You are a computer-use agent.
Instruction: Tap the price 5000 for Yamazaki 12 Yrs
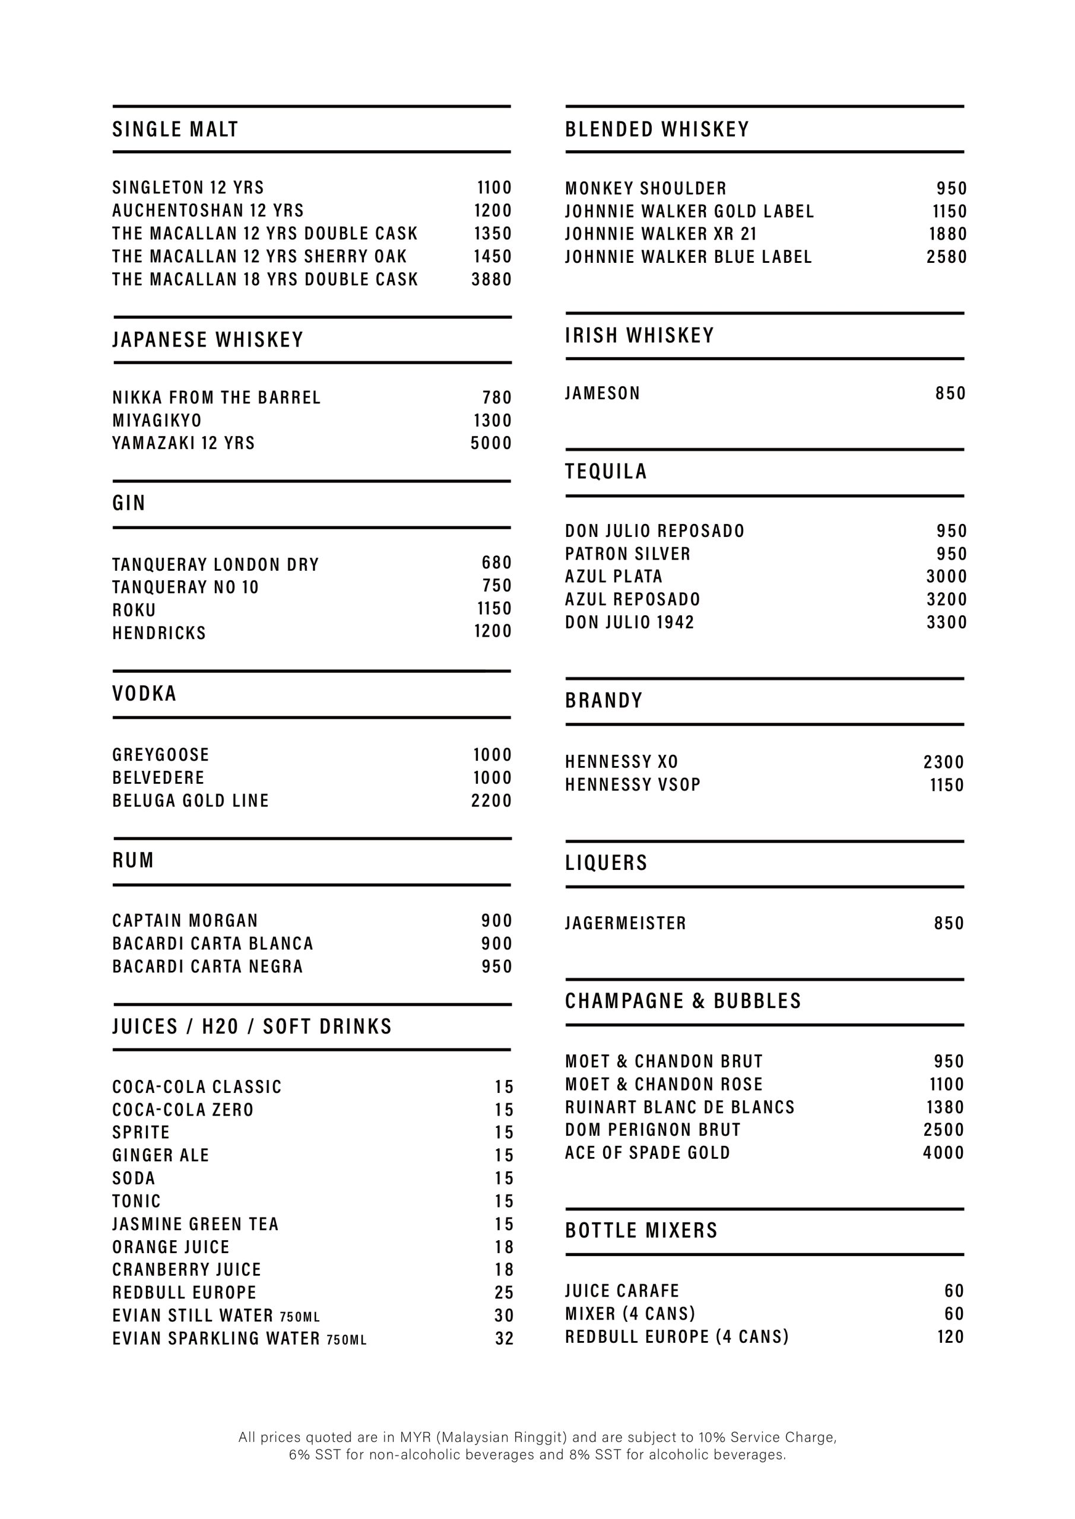click(x=491, y=443)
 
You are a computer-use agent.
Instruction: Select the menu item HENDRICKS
click(x=159, y=633)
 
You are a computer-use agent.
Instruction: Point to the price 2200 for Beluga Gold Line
click(x=491, y=800)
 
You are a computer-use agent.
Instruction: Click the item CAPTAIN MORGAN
click(x=185, y=920)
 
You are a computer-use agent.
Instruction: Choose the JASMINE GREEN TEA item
click(x=195, y=1224)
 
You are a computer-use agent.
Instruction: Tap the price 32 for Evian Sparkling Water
click(x=504, y=1339)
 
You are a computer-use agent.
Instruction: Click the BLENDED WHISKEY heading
click(x=657, y=129)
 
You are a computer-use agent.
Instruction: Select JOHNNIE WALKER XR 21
click(x=661, y=234)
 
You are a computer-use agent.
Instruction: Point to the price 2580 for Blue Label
click(x=947, y=257)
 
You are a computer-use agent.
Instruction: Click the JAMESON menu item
click(x=602, y=393)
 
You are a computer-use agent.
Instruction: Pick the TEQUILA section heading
click(x=605, y=471)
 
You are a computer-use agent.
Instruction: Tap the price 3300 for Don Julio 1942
click(x=947, y=622)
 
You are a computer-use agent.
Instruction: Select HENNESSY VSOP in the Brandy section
click(x=632, y=784)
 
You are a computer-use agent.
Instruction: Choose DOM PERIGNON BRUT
click(x=653, y=1130)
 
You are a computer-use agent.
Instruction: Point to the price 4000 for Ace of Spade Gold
click(x=943, y=1152)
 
